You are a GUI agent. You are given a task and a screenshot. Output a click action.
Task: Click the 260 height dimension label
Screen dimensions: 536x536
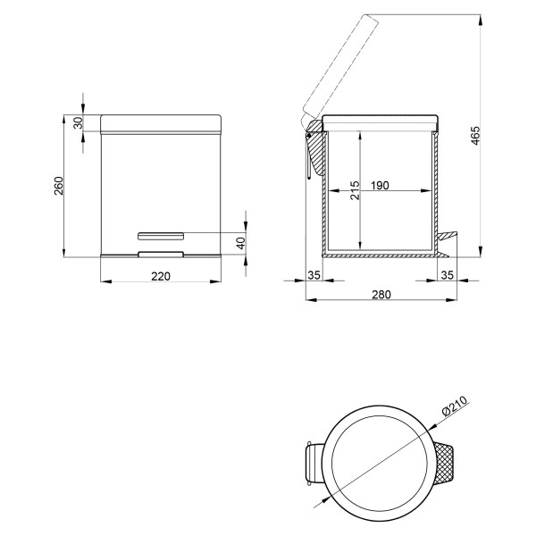(59, 186)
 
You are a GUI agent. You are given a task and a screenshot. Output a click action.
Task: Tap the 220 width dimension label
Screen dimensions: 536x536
(161, 276)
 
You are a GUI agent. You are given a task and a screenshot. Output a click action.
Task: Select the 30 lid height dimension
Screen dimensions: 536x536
(79, 122)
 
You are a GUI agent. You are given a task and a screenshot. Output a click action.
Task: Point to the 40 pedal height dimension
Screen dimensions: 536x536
(241, 243)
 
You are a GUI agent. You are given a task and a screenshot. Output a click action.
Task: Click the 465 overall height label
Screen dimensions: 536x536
(476, 136)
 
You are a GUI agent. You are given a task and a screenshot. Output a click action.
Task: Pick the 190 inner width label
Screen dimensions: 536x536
(380, 185)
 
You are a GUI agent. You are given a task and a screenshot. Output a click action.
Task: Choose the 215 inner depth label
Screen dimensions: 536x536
(356, 190)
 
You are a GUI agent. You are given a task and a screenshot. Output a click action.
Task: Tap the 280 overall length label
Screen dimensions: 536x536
(381, 294)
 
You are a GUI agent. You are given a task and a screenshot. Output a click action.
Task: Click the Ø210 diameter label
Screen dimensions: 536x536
(455, 406)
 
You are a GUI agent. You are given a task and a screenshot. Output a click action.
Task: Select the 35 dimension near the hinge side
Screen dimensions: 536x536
(314, 275)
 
